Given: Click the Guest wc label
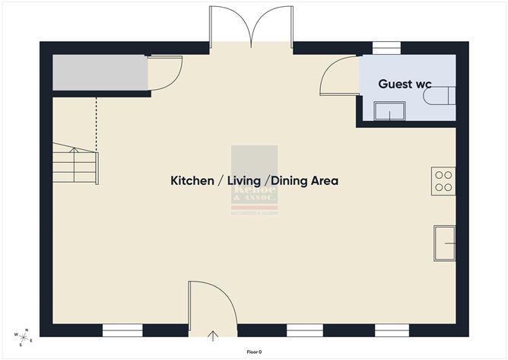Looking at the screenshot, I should point(405,84).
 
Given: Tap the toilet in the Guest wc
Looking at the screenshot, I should point(444,97).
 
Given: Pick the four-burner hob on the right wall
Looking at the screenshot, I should point(443,181).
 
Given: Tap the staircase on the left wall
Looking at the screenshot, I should point(75,164).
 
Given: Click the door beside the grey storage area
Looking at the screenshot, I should point(163,72).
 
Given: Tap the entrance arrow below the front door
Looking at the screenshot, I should point(213,335).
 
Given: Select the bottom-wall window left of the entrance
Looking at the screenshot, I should point(122,330).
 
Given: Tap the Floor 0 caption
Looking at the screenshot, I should point(254,352).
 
